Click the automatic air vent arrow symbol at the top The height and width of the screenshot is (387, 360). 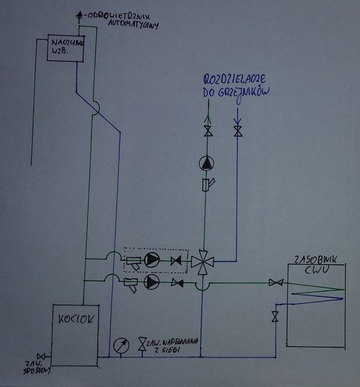[79, 15]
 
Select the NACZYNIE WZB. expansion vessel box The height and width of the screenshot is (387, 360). [66, 48]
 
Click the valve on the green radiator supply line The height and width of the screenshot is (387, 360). [208, 131]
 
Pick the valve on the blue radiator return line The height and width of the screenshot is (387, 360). [237, 131]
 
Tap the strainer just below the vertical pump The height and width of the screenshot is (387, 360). [208, 184]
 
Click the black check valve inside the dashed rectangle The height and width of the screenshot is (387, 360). [178, 261]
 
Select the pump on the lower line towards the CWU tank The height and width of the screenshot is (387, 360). [152, 282]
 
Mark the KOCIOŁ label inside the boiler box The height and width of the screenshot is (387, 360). [75, 318]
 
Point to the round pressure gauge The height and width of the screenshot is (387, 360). [121, 345]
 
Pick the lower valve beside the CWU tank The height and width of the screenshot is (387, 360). [275, 316]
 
